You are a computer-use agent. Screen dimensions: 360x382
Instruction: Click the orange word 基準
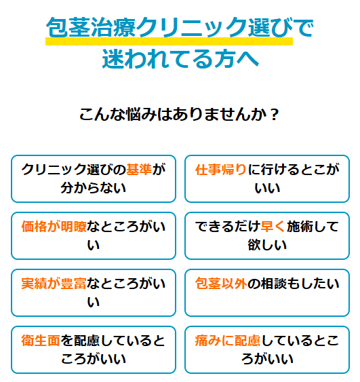click(x=139, y=170)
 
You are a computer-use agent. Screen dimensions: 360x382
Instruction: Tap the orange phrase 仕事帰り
click(x=221, y=170)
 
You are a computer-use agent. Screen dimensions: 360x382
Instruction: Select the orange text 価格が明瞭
click(x=54, y=227)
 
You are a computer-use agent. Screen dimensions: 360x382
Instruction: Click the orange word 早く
click(x=273, y=227)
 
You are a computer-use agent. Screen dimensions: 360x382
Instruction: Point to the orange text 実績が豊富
click(x=54, y=284)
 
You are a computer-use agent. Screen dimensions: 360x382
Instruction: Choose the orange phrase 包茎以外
click(x=221, y=284)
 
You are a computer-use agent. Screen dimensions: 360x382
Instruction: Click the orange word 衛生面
click(x=41, y=341)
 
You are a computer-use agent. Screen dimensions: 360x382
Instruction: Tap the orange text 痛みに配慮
click(x=228, y=341)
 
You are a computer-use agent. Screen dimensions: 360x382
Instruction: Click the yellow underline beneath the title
click(x=169, y=41)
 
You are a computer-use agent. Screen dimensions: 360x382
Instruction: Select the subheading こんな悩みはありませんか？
click(x=179, y=114)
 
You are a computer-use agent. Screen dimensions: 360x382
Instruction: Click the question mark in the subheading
click(x=275, y=114)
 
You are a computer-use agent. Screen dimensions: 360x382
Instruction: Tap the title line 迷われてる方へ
click(x=180, y=59)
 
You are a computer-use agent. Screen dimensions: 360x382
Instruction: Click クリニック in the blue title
click(x=192, y=27)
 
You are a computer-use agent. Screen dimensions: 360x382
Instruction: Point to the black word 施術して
click(x=313, y=227)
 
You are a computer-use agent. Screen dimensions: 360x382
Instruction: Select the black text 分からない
click(x=94, y=188)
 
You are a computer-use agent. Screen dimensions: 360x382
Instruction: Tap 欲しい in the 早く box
click(x=267, y=245)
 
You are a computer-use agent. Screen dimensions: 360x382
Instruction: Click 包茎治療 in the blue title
click(x=91, y=27)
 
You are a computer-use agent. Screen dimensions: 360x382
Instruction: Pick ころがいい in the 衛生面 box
click(x=94, y=359)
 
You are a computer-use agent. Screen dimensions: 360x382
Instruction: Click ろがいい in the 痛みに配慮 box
click(x=267, y=359)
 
